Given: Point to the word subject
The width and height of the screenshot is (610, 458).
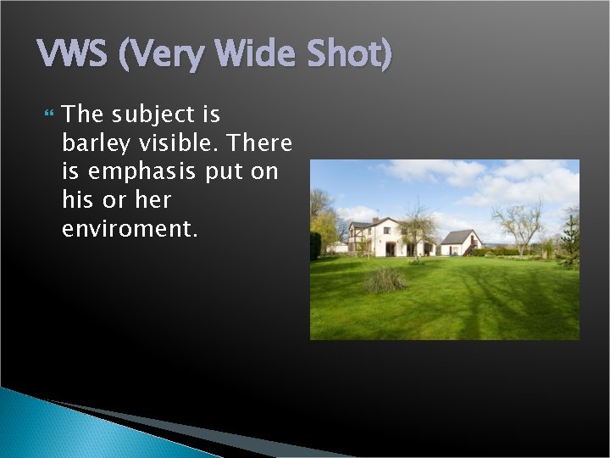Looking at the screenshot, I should pyautogui.click(x=160, y=114).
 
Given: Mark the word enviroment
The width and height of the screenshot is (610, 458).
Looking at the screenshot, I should pyautogui.click(x=130, y=229).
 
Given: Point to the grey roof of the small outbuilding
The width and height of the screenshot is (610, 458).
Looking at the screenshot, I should pyautogui.click(x=457, y=237).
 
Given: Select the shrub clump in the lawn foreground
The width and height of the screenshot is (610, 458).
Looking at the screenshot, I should pyautogui.click(x=386, y=280).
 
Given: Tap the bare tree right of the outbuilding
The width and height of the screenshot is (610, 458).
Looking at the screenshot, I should pyautogui.click(x=519, y=225).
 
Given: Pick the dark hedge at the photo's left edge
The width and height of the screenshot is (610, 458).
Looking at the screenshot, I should pyautogui.click(x=315, y=246).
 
